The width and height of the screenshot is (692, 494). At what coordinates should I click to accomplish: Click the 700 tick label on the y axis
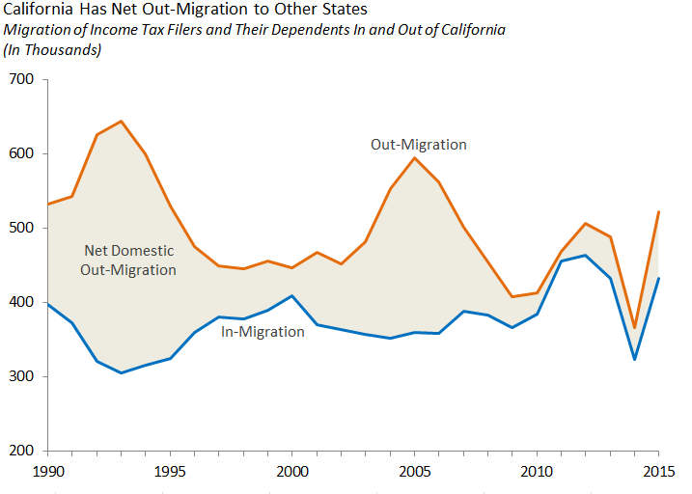21,79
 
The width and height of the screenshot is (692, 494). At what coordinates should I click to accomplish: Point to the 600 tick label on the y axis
21,153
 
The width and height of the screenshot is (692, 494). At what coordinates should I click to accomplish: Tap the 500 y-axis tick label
21,228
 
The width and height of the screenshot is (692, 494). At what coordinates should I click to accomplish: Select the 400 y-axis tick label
21,302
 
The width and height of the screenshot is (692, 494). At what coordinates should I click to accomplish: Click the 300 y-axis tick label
21,376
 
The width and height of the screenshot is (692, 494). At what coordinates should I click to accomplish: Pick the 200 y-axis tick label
21,451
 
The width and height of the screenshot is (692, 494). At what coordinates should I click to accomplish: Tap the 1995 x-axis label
171,471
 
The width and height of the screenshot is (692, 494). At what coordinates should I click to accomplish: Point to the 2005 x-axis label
415,471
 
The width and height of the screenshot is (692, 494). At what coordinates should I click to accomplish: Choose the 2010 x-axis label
538,471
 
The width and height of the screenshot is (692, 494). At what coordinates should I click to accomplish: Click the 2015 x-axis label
659,471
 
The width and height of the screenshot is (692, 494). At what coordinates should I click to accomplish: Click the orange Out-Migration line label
419,145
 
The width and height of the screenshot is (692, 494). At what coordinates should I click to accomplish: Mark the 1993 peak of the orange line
121,122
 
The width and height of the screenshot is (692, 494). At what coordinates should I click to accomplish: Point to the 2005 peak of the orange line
415,157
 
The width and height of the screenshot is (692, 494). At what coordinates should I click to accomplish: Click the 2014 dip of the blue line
635,360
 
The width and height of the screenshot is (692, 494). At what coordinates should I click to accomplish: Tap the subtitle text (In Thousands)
53,49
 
